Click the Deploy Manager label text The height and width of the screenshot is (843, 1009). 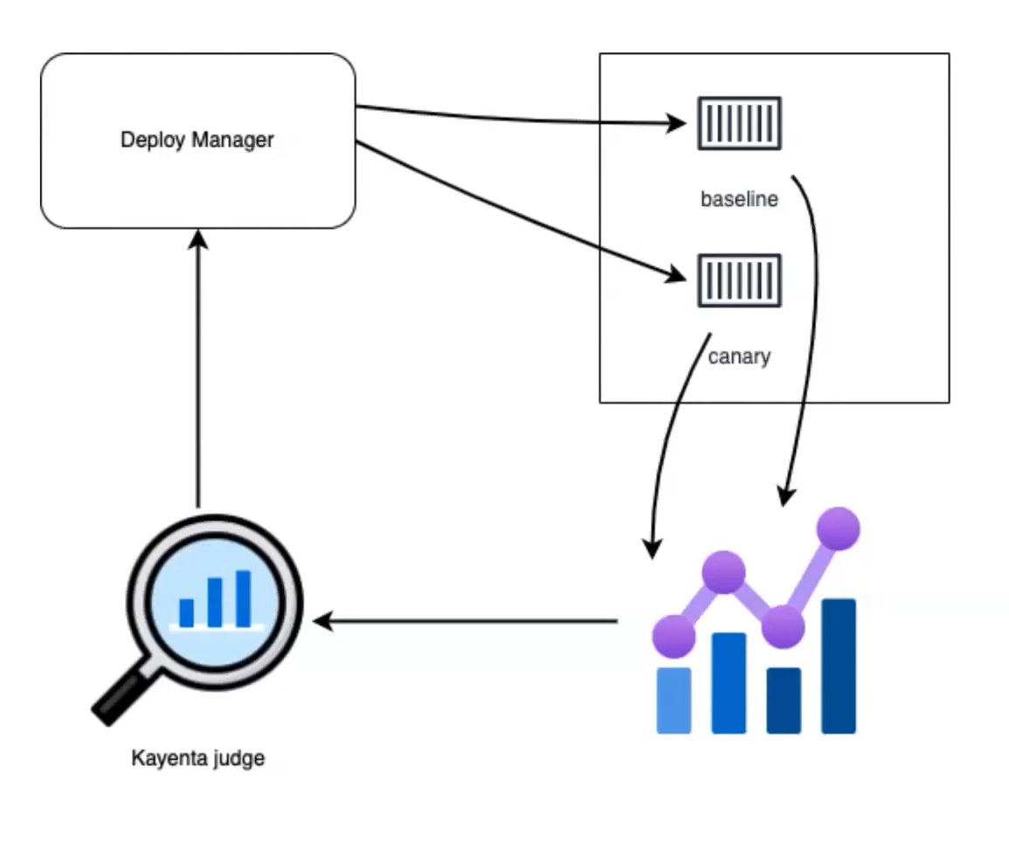pyautogui.click(x=197, y=140)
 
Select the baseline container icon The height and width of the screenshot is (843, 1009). pyautogui.click(x=738, y=124)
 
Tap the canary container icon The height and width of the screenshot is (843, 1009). pyautogui.click(x=738, y=280)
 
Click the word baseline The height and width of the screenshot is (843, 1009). pyautogui.click(x=738, y=199)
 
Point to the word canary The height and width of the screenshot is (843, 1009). pyautogui.click(x=738, y=356)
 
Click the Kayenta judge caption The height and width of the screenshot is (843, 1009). pyautogui.click(x=197, y=758)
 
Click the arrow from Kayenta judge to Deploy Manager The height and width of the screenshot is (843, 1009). pyautogui.click(x=198, y=367)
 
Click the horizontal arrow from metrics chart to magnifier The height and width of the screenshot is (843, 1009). pyautogui.click(x=463, y=622)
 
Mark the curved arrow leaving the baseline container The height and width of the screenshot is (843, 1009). pyautogui.click(x=815, y=332)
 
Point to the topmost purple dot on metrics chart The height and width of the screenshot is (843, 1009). pyautogui.click(x=838, y=528)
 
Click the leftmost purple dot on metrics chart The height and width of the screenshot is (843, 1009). pyautogui.click(x=674, y=635)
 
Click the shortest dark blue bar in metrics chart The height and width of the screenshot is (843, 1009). pyautogui.click(x=783, y=701)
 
